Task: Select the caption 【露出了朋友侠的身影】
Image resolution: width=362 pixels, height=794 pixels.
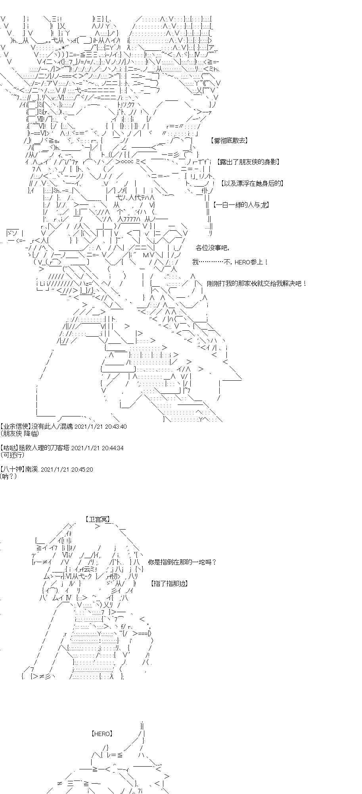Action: (249, 162)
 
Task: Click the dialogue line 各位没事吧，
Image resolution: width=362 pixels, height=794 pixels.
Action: (212, 248)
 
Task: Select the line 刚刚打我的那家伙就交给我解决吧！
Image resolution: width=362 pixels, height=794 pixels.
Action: (257, 283)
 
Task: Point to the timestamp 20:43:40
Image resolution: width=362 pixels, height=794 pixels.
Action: (115, 426)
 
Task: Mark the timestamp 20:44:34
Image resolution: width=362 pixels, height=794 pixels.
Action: (113, 448)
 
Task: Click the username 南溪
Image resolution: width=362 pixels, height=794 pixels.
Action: (31, 469)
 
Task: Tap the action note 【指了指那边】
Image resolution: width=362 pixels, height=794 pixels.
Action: (169, 584)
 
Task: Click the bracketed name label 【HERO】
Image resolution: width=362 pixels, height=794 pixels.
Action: (102, 734)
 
